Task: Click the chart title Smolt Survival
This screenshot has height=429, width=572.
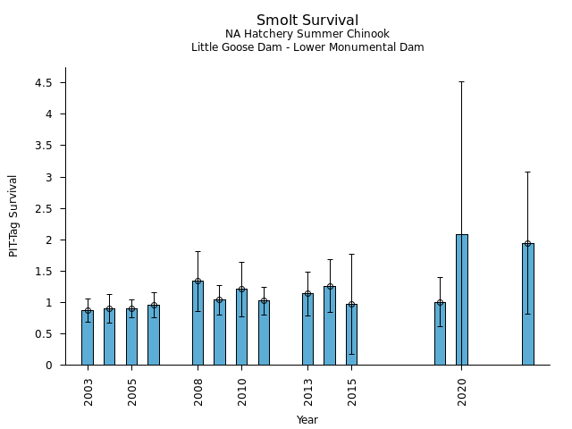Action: [x=307, y=21]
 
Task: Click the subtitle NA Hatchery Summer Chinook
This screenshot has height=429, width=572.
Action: [x=307, y=34]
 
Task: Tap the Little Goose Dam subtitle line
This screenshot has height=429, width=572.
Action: [x=307, y=47]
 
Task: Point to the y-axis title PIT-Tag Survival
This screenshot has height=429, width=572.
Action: [x=13, y=216]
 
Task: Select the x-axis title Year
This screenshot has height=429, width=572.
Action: [x=307, y=419]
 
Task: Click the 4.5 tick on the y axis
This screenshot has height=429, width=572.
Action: [x=44, y=83]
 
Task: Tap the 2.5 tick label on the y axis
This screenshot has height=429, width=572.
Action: [x=44, y=208]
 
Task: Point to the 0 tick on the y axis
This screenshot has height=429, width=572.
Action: [x=50, y=365]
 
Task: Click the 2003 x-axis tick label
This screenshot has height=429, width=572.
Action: [x=88, y=391]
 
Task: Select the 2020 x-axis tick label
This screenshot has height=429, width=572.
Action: [x=462, y=391]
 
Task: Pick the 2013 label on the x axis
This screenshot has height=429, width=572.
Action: [x=308, y=391]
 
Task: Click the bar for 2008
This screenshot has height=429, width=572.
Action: [x=198, y=324]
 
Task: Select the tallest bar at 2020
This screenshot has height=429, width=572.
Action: [x=462, y=300]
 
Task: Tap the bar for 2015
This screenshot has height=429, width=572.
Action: [x=352, y=335]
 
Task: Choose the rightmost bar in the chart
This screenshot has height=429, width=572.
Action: [x=528, y=305]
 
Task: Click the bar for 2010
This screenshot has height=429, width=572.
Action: [x=242, y=327]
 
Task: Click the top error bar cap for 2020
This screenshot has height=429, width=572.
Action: [x=462, y=82]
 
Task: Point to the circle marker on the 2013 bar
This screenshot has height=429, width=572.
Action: [x=308, y=294]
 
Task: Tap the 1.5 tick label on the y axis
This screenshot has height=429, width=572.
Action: [x=44, y=271]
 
